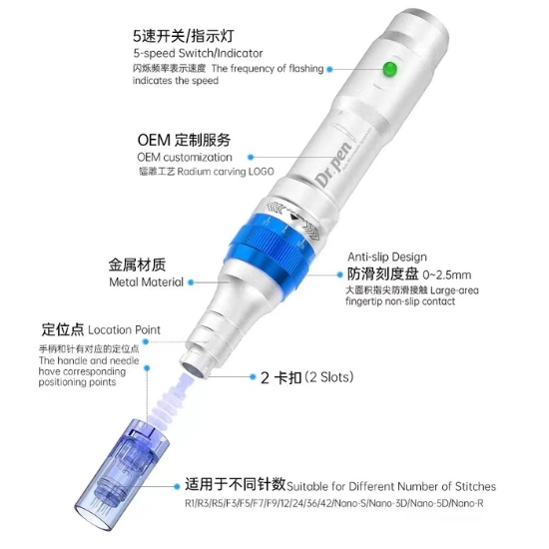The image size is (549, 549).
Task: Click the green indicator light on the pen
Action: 389,69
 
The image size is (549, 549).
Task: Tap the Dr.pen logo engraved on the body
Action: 333,164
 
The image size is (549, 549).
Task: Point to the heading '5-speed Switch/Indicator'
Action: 198,53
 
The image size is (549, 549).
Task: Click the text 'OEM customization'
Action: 185,157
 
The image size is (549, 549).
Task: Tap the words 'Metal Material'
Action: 146,281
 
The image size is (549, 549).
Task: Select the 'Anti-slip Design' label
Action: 387,257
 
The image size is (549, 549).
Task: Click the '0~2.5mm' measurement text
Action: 447,274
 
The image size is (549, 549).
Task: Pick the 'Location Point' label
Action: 125,329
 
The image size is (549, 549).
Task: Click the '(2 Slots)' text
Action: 329,377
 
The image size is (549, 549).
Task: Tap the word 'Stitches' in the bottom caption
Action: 475,486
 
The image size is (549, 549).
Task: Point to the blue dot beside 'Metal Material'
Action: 191,282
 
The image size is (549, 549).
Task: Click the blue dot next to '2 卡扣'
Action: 253,376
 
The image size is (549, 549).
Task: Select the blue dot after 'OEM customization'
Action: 251,157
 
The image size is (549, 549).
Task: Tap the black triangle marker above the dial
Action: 294,217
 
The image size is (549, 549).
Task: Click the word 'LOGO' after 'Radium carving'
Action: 262,172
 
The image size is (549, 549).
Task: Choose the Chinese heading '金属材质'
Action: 137,265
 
